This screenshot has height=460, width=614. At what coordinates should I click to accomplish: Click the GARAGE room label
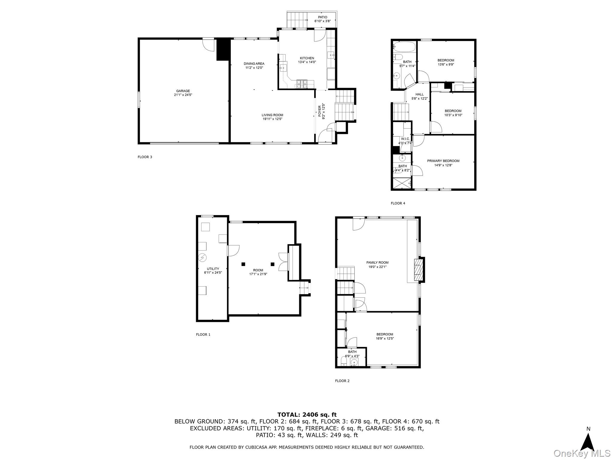(183, 93)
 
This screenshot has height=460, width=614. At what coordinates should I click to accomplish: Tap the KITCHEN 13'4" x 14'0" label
(307, 60)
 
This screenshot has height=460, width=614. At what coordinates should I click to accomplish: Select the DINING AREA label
(254, 65)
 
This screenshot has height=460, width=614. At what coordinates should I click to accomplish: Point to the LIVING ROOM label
(272, 117)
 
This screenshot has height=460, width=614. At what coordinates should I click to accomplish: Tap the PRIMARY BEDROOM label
(443, 163)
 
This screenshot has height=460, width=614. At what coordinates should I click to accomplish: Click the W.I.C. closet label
(405, 141)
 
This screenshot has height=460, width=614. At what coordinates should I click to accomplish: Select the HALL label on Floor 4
(419, 96)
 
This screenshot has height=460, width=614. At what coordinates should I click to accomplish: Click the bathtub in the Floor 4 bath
(404, 47)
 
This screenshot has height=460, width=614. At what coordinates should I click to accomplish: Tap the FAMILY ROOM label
(377, 264)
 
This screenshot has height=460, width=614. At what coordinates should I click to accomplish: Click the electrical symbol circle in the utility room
(202, 257)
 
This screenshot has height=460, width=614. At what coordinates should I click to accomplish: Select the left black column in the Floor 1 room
(243, 264)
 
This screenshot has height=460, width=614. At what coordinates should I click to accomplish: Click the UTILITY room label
(213, 270)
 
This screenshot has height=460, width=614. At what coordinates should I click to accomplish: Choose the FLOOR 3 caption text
(145, 157)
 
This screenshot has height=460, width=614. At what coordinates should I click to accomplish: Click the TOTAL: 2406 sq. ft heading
(307, 414)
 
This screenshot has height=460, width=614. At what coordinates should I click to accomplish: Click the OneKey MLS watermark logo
(582, 453)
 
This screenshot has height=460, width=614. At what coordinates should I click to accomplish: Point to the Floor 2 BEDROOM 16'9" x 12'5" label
(385, 336)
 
